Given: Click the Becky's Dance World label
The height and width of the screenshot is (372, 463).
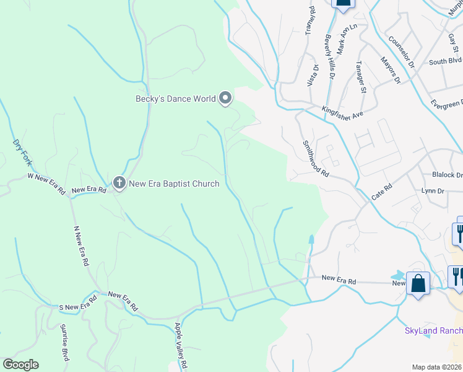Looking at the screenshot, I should (176, 99).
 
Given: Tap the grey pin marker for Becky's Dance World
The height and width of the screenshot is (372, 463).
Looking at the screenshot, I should (225, 98).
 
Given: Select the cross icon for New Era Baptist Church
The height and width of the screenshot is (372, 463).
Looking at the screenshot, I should (119, 183).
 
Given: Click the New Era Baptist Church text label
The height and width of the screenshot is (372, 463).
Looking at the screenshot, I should (174, 184).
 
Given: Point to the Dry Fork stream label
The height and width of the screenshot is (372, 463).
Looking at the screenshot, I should (20, 152).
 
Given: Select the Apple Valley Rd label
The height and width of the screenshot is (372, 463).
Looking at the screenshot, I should (181, 346).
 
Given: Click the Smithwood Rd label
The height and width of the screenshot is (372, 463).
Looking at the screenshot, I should (314, 157).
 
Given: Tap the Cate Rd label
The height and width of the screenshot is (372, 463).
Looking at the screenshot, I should (382, 191).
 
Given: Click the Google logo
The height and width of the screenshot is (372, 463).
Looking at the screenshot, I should (20, 365).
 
